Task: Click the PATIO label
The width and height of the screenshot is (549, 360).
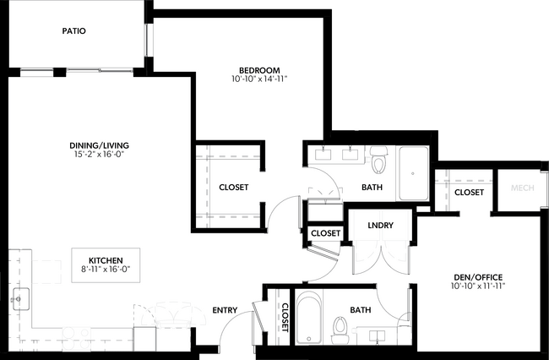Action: pos(73,31)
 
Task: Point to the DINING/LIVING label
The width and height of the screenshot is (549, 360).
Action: pos(99,145)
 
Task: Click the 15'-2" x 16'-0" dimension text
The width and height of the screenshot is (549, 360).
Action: pos(99,155)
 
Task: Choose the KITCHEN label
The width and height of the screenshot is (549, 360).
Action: pos(106,259)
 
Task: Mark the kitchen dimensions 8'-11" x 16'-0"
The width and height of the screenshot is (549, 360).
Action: pos(106,269)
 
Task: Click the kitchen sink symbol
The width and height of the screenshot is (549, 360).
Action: pos(20,298)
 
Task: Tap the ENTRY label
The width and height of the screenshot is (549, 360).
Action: pos(225,309)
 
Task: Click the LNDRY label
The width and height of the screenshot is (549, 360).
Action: pos(378,226)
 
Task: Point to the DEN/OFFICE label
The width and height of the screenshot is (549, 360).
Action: pos(478,277)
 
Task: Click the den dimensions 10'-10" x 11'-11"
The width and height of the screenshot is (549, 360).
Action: pos(478,286)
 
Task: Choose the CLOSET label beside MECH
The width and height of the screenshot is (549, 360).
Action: pos(469,193)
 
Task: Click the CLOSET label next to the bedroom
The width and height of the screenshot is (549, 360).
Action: pos(233,188)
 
